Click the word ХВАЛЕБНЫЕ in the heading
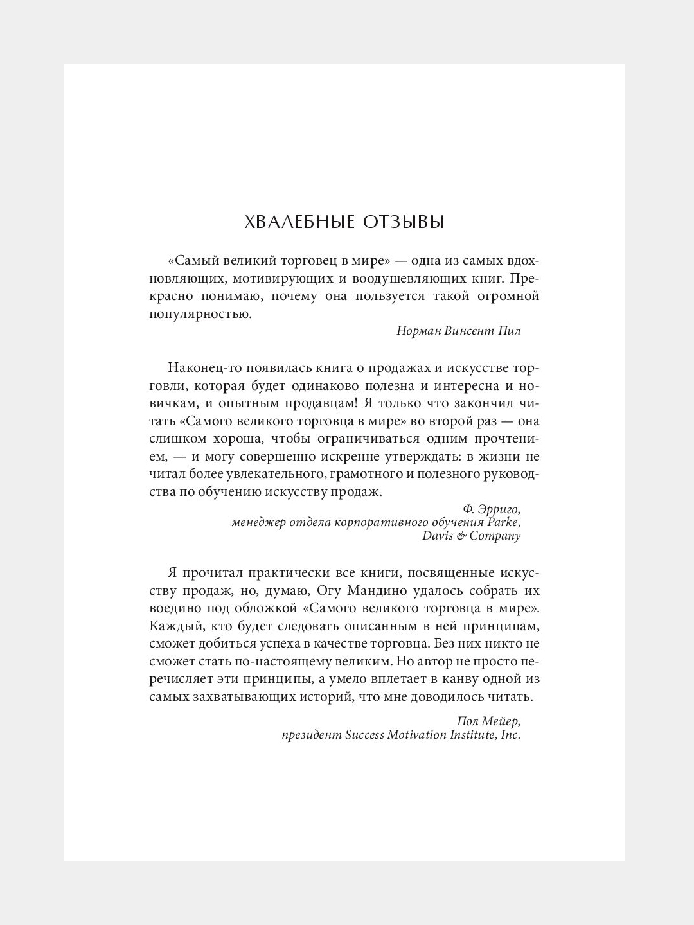pos(298,222)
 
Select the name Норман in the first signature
pos(418,331)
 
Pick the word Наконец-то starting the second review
pos(200,368)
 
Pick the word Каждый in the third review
pos(170,626)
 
